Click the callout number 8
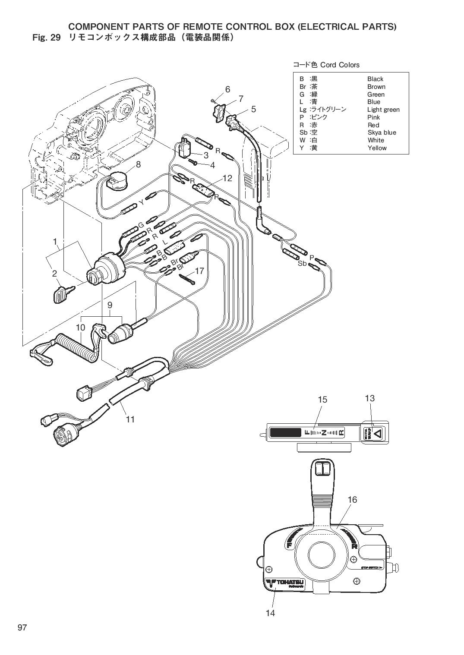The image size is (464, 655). click(138, 164)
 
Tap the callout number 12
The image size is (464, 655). click(227, 178)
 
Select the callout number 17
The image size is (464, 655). click(199, 271)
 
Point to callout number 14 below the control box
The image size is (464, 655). click(270, 613)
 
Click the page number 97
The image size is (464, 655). click(22, 627)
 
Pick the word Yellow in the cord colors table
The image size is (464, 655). click(377, 148)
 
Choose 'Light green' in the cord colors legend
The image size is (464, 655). click(383, 110)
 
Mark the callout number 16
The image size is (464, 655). click(352, 500)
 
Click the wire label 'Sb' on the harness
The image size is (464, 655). click(302, 263)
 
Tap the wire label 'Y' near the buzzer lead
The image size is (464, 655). click(141, 202)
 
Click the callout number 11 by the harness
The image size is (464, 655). click(130, 419)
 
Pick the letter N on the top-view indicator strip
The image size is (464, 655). click(324, 433)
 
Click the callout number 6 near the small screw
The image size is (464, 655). click(227, 89)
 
